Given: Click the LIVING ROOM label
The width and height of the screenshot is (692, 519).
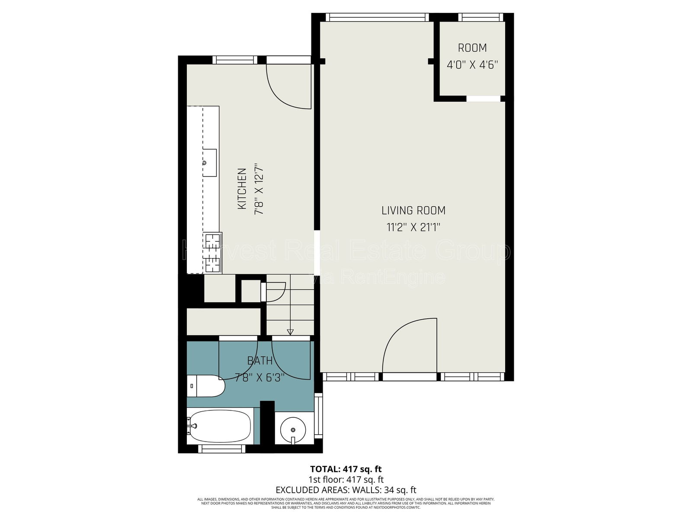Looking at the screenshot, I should coord(413,211).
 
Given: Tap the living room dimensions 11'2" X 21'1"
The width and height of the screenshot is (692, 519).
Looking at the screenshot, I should coord(413,227).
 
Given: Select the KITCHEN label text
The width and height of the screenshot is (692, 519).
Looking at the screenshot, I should coord(242,189).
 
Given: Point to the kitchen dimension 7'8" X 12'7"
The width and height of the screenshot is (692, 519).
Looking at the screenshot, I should coord(258,189).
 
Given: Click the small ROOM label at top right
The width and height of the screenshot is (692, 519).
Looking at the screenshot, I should coord(472,48).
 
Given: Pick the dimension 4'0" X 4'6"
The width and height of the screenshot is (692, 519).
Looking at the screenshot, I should coord(472,65).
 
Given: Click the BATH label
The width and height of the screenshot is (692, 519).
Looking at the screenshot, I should coord(259,360).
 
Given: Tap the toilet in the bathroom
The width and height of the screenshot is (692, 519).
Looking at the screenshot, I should coord(206,386).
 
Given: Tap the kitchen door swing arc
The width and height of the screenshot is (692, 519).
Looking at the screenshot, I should coord(288,86).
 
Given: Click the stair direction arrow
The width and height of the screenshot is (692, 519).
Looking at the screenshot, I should coord(290,332).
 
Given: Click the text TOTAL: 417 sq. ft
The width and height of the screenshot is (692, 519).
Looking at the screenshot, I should coord(346,469).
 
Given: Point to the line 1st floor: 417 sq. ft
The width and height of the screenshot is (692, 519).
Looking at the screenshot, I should coord(346,479).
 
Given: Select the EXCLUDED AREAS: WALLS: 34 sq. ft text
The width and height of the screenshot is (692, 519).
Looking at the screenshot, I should coord(346,490).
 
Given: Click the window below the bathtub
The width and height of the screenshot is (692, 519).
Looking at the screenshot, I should coord(221,449).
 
